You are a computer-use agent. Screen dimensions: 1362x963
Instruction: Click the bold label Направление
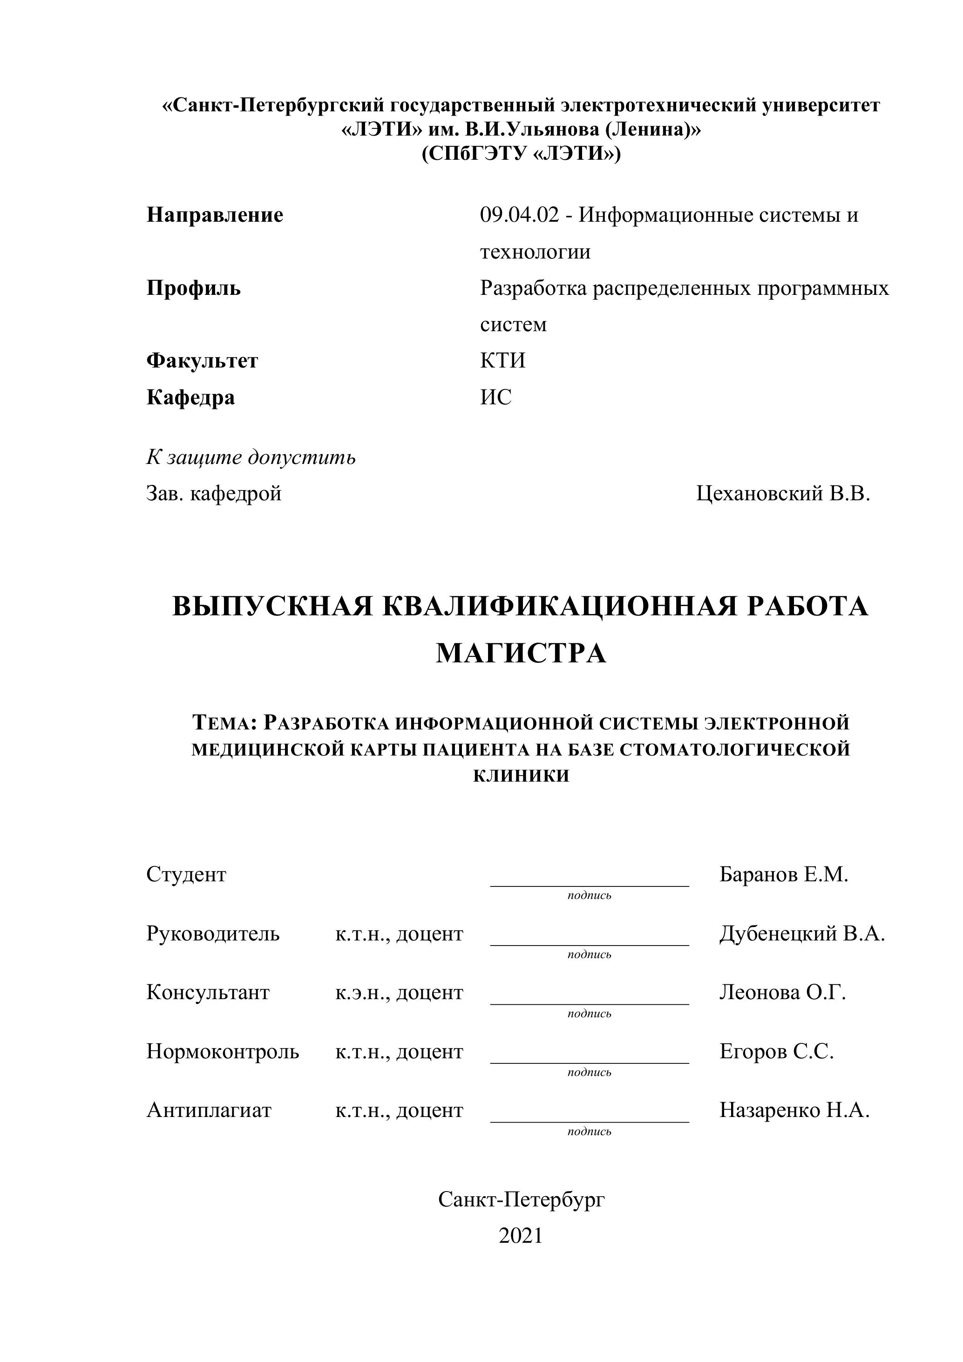tap(215, 215)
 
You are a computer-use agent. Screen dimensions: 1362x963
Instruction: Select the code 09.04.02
tap(519, 215)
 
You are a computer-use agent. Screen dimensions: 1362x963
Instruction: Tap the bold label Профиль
tap(193, 288)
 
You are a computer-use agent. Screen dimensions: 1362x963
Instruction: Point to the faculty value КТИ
tap(503, 361)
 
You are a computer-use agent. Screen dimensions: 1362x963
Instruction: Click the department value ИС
tap(496, 397)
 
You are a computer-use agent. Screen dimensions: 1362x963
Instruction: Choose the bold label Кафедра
tap(190, 397)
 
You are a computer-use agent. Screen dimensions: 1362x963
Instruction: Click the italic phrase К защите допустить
tap(251, 457)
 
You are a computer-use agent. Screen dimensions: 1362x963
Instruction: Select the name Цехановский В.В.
tap(783, 494)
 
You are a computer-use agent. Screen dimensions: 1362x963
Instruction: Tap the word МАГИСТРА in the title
tap(521, 654)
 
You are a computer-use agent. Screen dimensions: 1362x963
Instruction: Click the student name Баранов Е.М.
tap(784, 874)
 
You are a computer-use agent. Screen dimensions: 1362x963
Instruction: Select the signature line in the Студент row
tap(590, 885)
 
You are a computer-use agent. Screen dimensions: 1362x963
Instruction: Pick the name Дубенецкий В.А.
tap(802, 934)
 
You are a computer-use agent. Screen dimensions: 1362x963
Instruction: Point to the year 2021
tap(521, 1236)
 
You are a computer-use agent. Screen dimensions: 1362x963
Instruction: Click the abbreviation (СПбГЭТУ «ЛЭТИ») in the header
tap(521, 154)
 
